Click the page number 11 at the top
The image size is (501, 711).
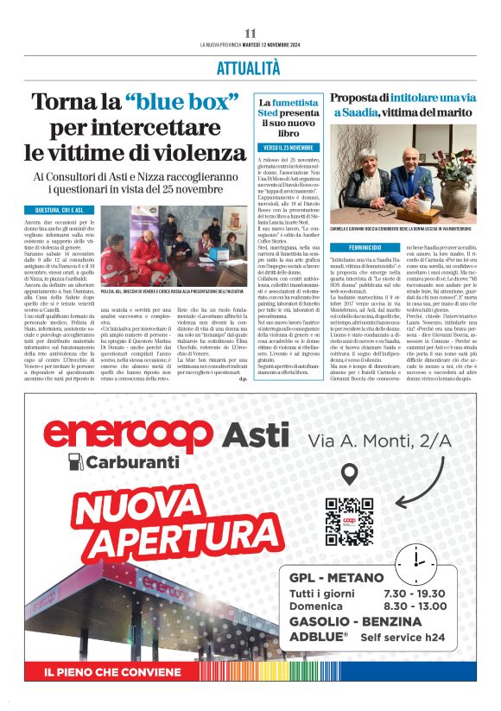(x=250, y=33)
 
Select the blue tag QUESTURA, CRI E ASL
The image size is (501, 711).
(x=60, y=210)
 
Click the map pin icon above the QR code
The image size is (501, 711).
(x=349, y=473)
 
